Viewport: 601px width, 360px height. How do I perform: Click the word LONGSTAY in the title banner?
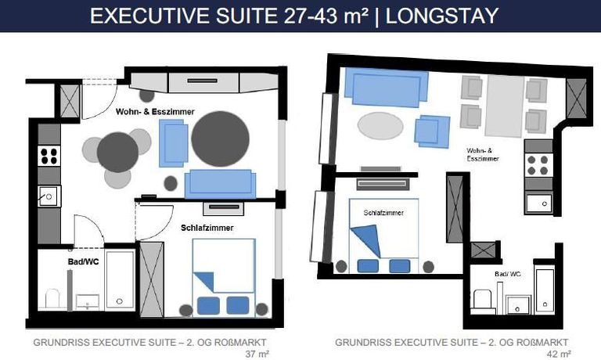coord(441,16)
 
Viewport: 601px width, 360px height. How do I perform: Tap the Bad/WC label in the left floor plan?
coord(83,262)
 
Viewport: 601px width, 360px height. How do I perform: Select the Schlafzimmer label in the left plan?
coord(207,228)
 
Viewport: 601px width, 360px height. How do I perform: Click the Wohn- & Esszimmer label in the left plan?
coord(155,112)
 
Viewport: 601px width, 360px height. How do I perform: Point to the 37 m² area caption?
coord(257,354)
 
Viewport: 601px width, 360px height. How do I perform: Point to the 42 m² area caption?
coord(560,354)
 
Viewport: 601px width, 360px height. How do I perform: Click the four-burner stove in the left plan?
coord(49,156)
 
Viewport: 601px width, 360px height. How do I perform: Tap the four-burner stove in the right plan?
coord(538,165)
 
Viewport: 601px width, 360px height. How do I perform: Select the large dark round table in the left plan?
coord(220,139)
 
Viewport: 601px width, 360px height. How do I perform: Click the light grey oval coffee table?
coord(380,125)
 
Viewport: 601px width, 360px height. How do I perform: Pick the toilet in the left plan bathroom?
coord(52,298)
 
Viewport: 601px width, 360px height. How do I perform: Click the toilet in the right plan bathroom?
coord(482,299)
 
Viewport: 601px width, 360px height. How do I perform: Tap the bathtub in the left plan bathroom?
coord(120,279)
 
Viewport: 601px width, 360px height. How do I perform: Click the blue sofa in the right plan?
coord(387,88)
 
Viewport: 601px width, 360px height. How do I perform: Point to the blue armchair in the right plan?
coord(432,131)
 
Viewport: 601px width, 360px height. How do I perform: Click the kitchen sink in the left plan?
coord(49,196)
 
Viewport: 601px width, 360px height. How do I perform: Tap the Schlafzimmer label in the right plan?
coord(383,213)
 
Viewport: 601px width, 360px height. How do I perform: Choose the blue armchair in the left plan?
coord(173,143)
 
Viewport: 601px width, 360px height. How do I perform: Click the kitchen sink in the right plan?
coord(538,203)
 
